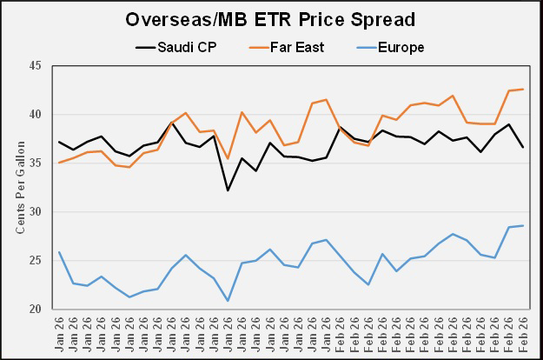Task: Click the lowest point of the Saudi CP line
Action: click(x=228, y=190)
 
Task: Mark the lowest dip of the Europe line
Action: click(x=228, y=301)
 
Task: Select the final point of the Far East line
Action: click(x=523, y=89)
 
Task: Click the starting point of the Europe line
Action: click(x=59, y=252)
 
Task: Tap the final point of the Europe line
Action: click(x=523, y=226)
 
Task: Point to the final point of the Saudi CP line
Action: click(x=523, y=147)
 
